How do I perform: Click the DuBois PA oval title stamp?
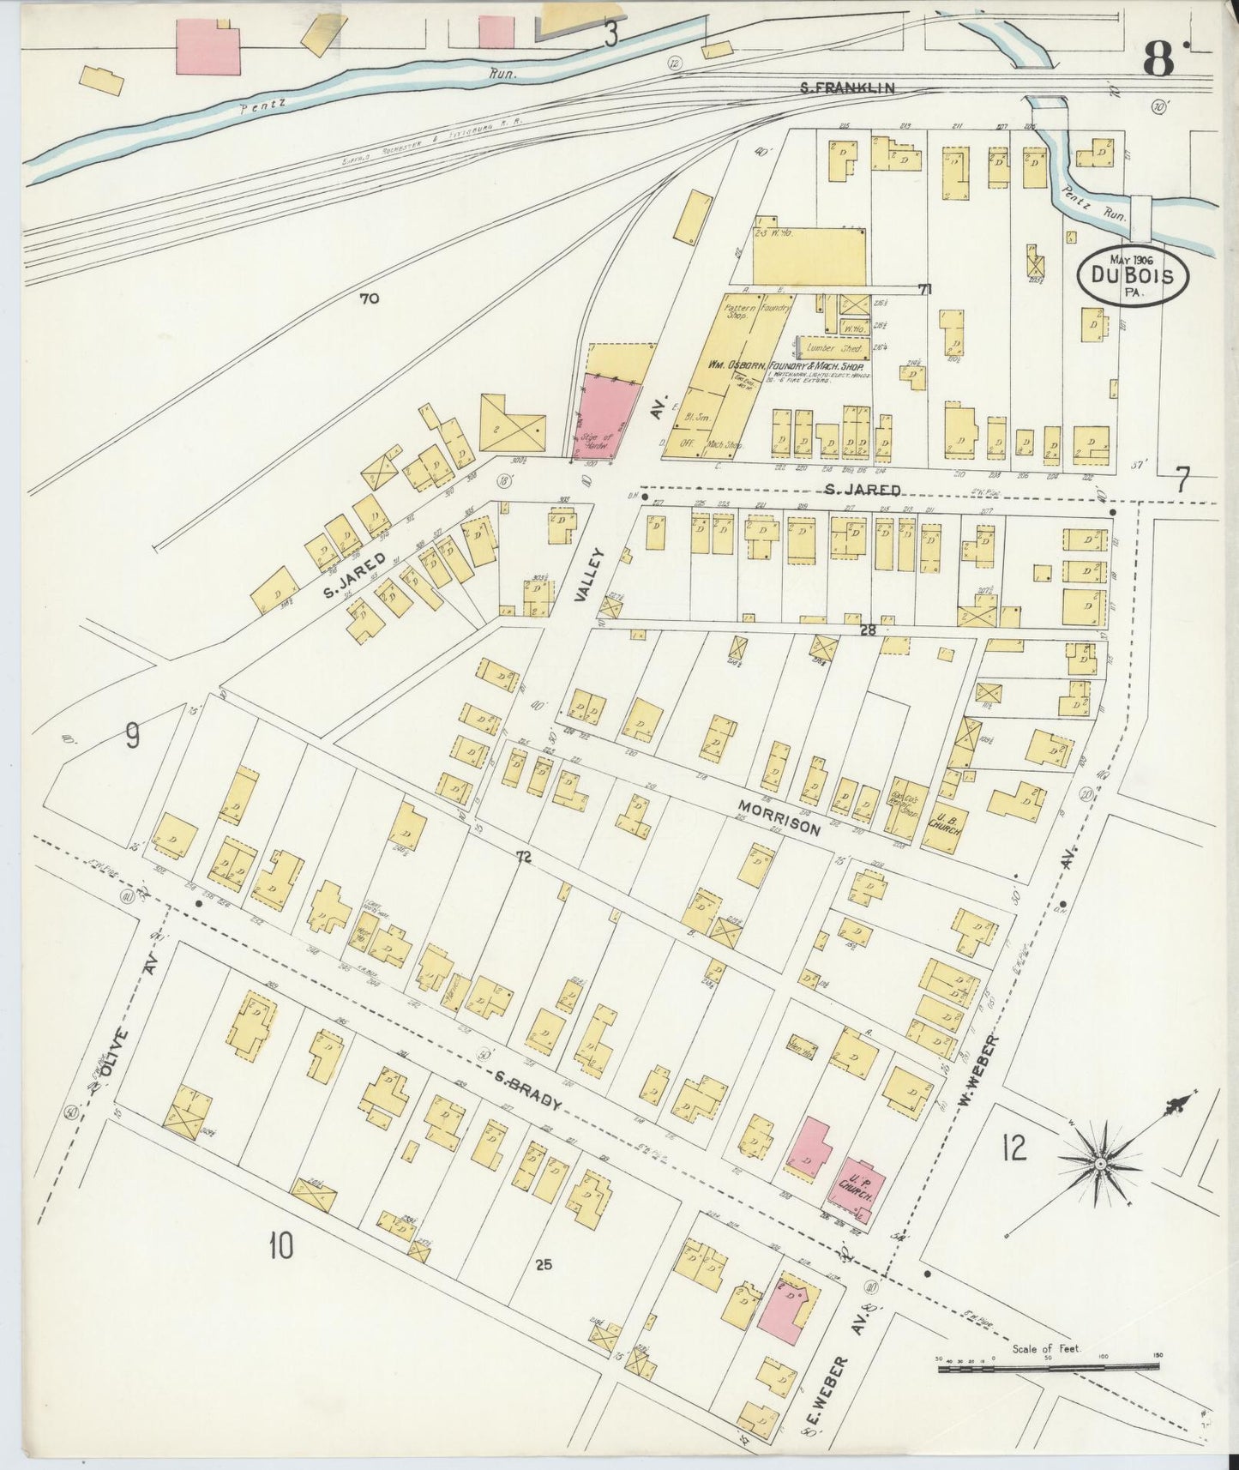tap(1134, 275)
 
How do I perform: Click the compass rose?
tap(1100, 1163)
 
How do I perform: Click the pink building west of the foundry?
tap(607, 418)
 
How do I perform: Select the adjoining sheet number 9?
tap(132, 734)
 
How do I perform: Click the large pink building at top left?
tap(208, 48)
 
